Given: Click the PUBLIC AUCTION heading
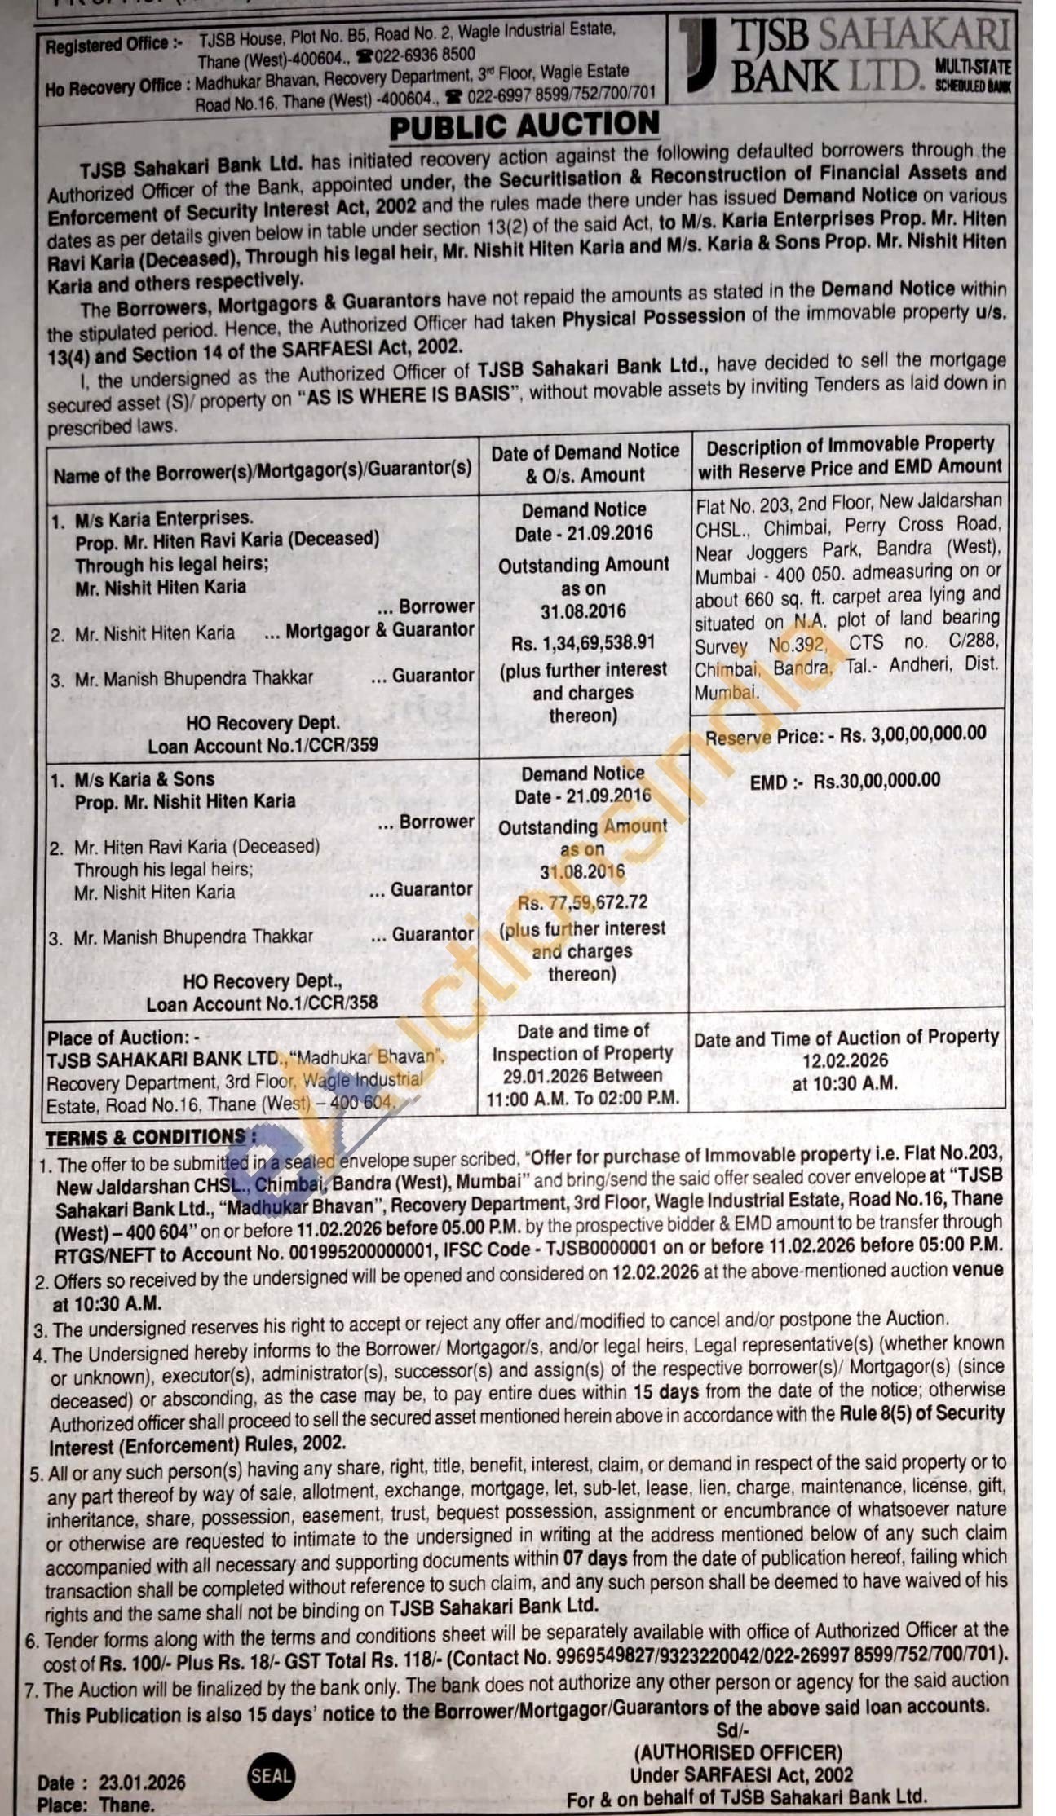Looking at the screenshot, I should click(x=524, y=126).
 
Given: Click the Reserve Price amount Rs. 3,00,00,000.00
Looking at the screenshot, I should click(x=913, y=734).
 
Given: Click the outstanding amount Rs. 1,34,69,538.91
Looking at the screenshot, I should click(x=583, y=642).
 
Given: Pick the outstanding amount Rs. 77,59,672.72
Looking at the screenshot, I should click(x=583, y=901).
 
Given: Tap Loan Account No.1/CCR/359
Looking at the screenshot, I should click(x=263, y=746).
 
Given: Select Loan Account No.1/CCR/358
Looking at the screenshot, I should click(x=263, y=1003).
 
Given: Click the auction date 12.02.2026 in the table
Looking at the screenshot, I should click(x=846, y=1060).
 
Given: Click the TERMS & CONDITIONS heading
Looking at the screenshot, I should click(x=145, y=1136).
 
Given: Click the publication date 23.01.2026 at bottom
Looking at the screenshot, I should click(x=143, y=1782).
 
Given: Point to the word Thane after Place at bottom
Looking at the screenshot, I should click(x=126, y=1804).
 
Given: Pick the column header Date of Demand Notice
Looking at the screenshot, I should click(x=585, y=451).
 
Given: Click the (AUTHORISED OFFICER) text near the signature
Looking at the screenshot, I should click(x=739, y=1752).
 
